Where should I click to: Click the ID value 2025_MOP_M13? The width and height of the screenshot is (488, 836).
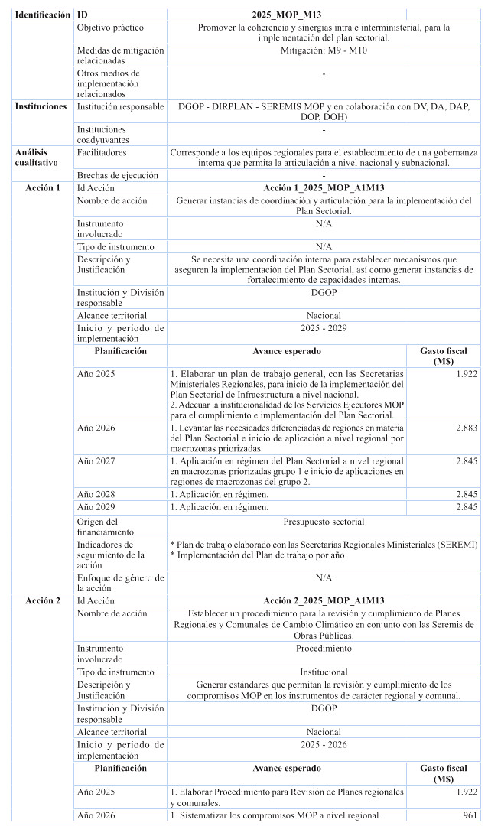click(x=286, y=15)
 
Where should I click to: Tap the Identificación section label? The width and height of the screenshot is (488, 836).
click(x=43, y=15)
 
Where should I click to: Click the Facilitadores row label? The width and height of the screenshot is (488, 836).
click(x=102, y=152)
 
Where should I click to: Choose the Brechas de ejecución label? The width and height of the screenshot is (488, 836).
click(x=114, y=175)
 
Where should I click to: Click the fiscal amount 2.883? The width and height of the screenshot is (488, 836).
click(x=467, y=428)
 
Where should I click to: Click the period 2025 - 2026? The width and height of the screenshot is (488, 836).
click(x=324, y=744)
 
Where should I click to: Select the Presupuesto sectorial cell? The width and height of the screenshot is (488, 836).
click(x=324, y=522)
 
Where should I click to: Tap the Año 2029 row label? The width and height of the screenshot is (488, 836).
click(x=96, y=506)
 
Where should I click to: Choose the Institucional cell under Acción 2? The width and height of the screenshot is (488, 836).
click(x=324, y=672)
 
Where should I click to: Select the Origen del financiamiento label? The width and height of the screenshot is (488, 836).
click(x=107, y=526)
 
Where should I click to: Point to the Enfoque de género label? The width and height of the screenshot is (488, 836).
click(x=120, y=583)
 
